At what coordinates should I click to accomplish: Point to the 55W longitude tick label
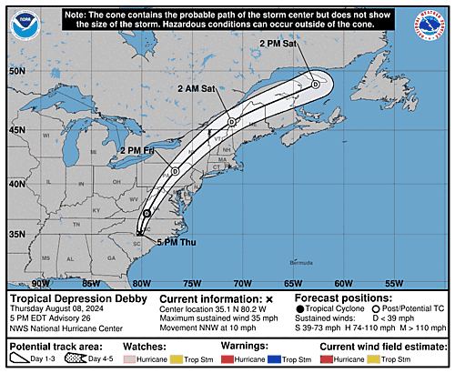click(394, 283)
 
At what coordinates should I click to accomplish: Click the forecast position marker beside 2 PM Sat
click(315, 84)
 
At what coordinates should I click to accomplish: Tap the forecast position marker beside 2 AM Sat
click(232, 122)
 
